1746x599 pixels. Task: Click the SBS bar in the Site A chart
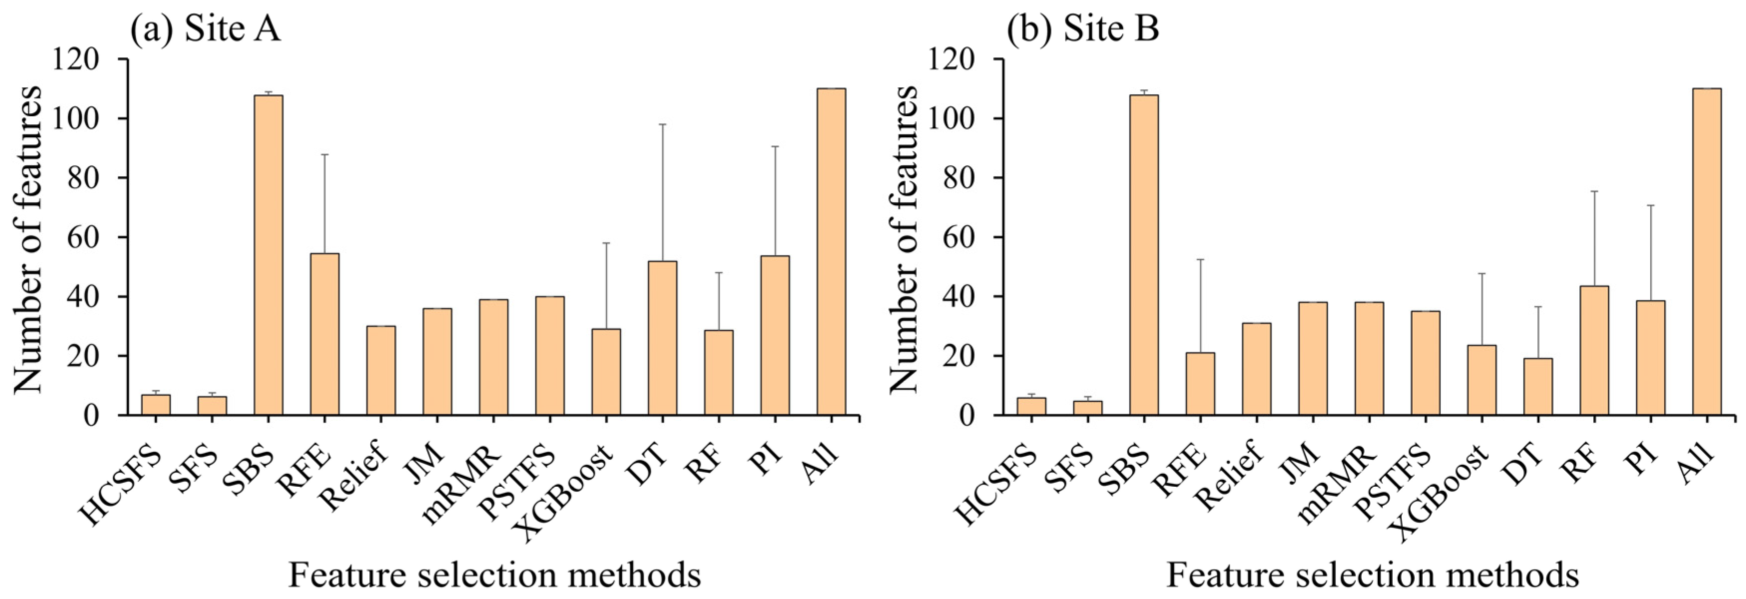coord(268,255)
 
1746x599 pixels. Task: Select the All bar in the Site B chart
coord(1707,252)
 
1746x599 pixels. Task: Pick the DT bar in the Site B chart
coord(1538,387)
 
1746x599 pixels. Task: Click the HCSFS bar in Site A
coord(156,405)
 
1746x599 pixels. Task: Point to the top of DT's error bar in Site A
coord(662,124)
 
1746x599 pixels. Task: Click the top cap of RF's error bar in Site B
coord(1594,191)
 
